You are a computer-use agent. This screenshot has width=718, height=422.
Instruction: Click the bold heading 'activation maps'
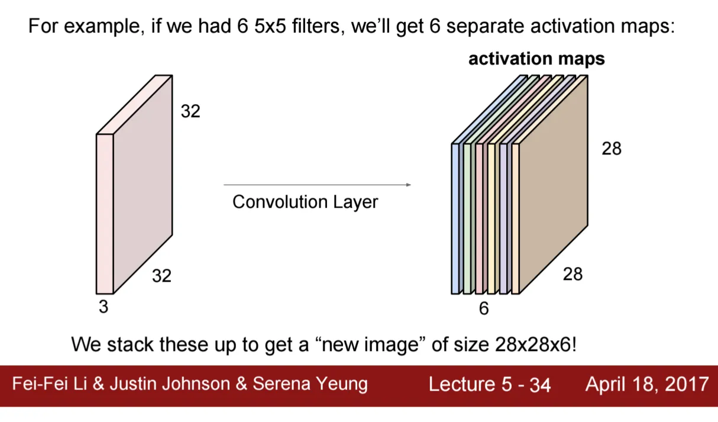pyautogui.click(x=536, y=59)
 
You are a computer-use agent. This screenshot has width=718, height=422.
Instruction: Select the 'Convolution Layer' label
pyautogui.click(x=305, y=202)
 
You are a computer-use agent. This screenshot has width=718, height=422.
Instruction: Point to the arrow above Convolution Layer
pyautogui.click(x=317, y=185)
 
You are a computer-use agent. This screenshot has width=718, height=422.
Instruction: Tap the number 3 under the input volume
pyautogui.click(x=104, y=307)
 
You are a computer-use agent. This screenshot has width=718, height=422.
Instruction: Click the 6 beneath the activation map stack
pyautogui.click(x=484, y=308)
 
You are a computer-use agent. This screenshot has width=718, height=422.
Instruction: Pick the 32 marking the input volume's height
pyautogui.click(x=190, y=111)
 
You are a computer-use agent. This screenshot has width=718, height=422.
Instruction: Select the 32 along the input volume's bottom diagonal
pyautogui.click(x=161, y=275)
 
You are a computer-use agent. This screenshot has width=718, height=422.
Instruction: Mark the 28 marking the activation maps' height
pyautogui.click(x=612, y=149)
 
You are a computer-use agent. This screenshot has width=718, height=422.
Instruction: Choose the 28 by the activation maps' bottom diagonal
pyautogui.click(x=573, y=273)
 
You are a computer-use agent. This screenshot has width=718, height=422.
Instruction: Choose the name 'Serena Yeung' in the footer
pyautogui.click(x=310, y=385)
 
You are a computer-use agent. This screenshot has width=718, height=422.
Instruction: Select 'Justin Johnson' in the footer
pyautogui.click(x=169, y=384)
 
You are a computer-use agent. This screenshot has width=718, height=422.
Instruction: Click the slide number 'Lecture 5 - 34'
pyautogui.click(x=489, y=385)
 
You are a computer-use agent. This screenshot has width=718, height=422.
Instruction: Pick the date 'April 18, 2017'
pyautogui.click(x=646, y=385)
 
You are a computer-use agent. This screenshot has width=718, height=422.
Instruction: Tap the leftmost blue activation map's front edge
pyautogui.click(x=455, y=219)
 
